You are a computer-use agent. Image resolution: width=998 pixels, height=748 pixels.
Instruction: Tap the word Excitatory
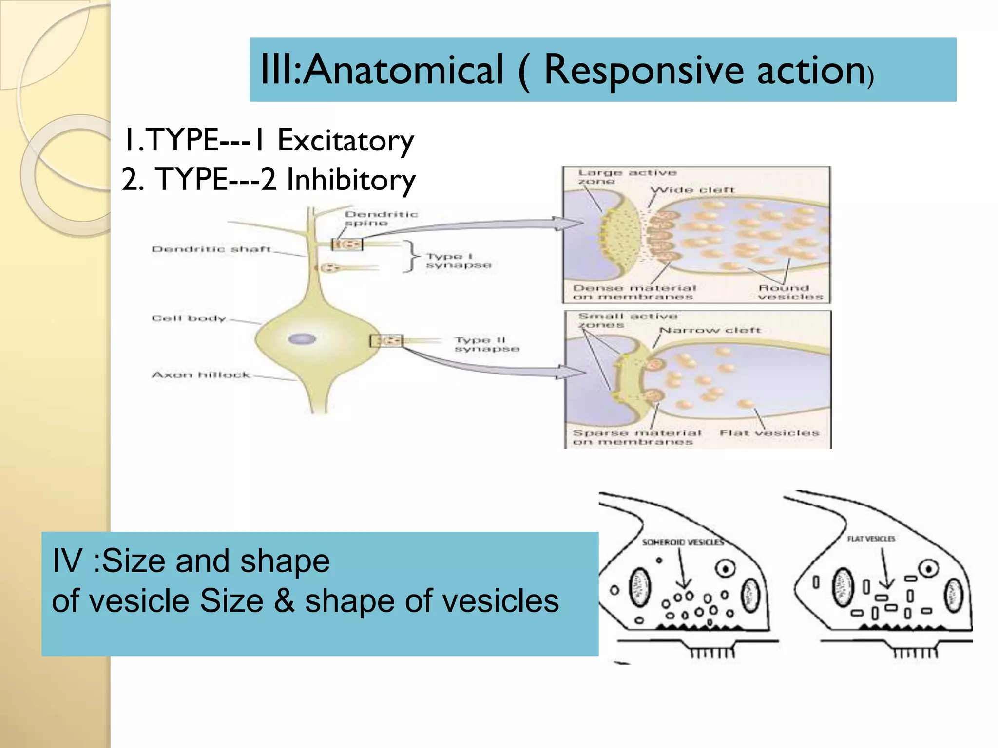[345, 141]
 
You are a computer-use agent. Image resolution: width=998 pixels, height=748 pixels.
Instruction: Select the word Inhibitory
[351, 180]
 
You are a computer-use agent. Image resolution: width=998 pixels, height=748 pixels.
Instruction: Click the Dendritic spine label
[380, 219]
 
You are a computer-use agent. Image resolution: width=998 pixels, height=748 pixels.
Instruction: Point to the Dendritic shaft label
[211, 249]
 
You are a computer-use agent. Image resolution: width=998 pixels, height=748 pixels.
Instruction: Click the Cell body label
[189, 318]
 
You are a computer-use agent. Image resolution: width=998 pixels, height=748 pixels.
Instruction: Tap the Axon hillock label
[200, 375]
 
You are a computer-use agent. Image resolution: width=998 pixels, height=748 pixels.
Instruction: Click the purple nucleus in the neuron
[302, 339]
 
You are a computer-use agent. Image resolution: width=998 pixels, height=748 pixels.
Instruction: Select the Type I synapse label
[458, 261]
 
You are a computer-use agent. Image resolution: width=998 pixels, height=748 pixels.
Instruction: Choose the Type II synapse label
[486, 344]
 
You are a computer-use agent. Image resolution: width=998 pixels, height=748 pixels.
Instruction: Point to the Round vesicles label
[789, 292]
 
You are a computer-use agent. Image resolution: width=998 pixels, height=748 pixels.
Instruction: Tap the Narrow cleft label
[709, 330]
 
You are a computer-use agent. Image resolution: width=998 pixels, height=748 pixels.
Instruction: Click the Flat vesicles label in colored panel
[769, 433]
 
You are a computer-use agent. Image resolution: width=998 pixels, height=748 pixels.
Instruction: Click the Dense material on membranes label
[634, 292]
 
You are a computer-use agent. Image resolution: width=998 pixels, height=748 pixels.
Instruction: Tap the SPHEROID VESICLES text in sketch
[682, 542]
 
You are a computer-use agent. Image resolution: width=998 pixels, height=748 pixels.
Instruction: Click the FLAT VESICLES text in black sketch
[871, 539]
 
